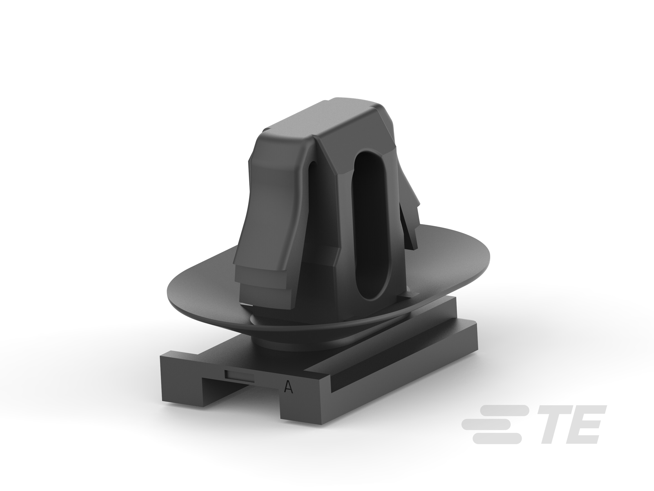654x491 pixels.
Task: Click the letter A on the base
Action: (x=288, y=387)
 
